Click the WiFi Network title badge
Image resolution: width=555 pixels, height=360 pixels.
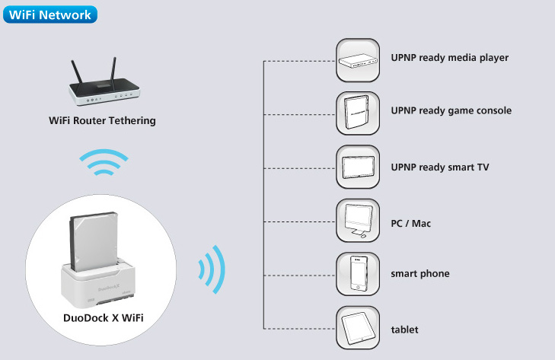pyautogui.click(x=49, y=14)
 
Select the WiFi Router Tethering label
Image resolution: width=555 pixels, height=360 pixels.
pyautogui.click(x=102, y=120)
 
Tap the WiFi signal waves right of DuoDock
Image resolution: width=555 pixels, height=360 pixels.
pyautogui.click(x=211, y=269)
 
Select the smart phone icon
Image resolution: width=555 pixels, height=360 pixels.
pyautogui.click(x=358, y=273)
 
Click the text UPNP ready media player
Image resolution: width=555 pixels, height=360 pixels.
pyautogui.click(x=448, y=58)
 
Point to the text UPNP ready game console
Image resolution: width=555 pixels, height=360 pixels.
pyautogui.click(x=451, y=111)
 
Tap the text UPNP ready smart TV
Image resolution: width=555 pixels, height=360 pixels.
pyautogui.click(x=439, y=167)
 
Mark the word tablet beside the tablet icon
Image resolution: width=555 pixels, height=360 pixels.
pyautogui.click(x=404, y=330)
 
